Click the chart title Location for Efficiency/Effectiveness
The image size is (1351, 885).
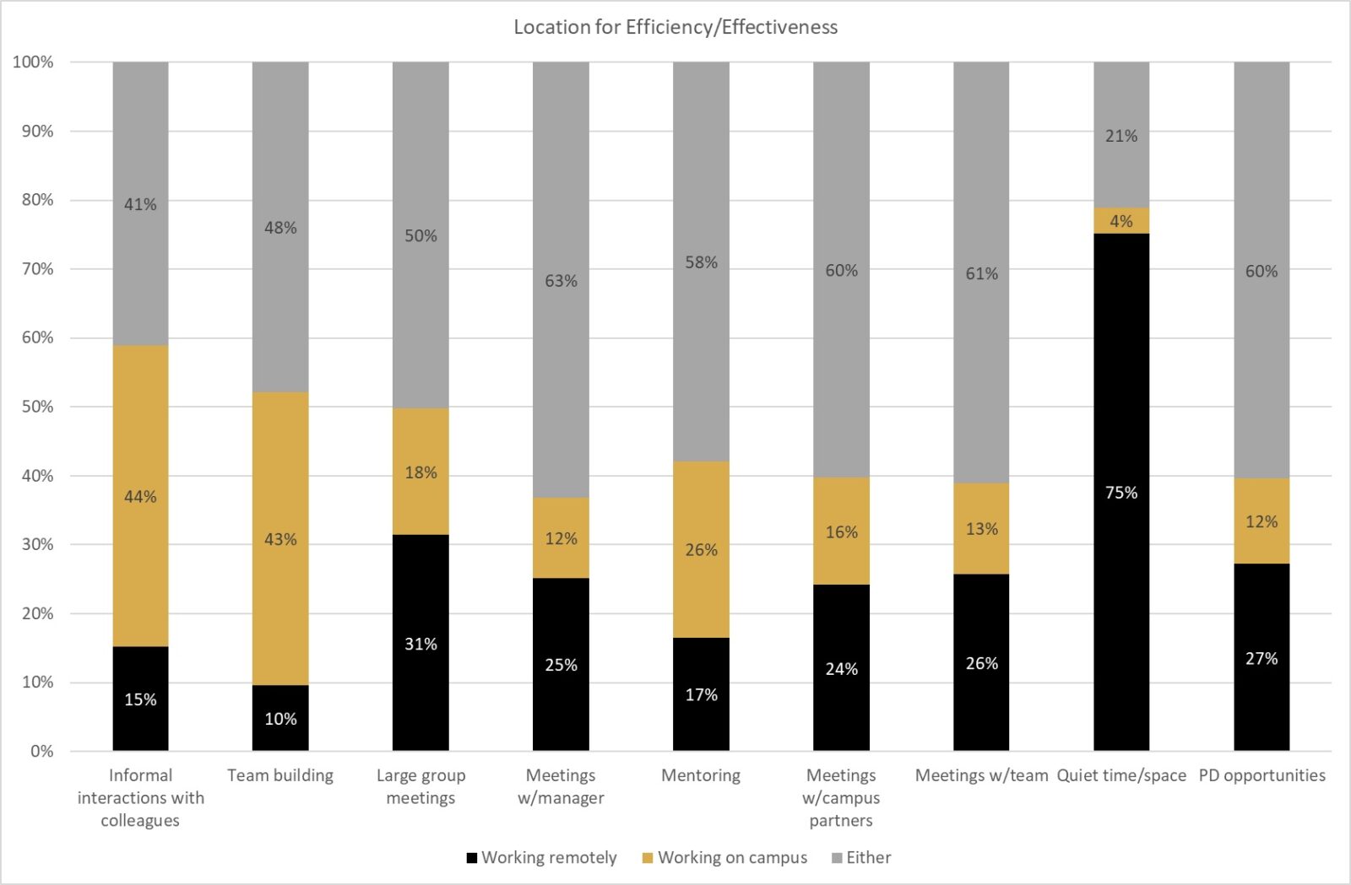675,27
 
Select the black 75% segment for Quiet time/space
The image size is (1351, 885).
1121,492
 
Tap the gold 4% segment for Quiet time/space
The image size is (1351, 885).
1121,221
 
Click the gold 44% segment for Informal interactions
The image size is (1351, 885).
140,496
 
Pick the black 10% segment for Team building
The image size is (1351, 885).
280,718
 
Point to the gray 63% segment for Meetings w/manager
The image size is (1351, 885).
561,280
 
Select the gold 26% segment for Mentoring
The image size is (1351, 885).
701,549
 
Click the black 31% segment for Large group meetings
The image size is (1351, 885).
420,643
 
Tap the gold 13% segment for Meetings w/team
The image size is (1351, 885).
981,529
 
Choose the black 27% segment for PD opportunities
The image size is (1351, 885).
1261,657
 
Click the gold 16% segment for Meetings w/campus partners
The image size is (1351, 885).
841,532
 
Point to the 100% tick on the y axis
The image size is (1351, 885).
34,62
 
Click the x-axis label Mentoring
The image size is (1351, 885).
701,775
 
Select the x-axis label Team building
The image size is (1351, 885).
280,775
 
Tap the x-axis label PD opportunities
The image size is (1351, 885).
1261,775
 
